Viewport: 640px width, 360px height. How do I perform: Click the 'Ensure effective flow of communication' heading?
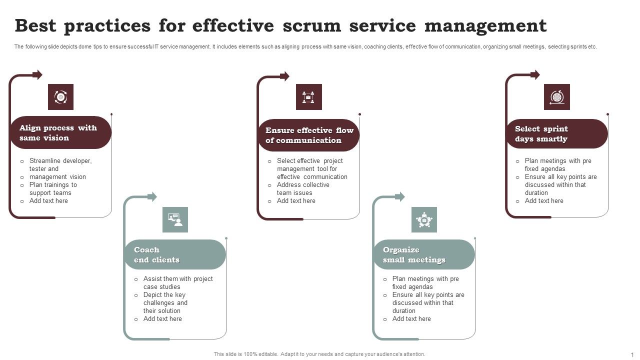tap(309, 135)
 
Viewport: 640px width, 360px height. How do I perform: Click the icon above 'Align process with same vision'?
tap(60, 97)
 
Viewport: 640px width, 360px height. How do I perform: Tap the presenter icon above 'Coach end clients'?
tap(175, 219)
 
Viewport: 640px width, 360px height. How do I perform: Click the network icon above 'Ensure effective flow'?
tap(308, 97)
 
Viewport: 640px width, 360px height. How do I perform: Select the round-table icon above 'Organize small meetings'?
tap(424, 219)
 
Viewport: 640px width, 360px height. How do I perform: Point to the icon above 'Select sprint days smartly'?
tap(556, 97)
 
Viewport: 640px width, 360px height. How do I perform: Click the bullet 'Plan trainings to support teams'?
tap(53, 189)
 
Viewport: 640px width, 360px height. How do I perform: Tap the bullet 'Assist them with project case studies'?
tap(177, 283)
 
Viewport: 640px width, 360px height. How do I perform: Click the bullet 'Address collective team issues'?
tap(302, 189)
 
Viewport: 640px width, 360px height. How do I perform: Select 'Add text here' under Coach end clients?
tap(162, 319)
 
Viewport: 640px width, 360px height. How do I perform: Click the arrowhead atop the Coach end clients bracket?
tap(152, 197)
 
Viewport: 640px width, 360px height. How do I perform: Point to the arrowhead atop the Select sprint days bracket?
tap(535, 75)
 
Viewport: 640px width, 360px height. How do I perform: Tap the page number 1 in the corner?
tap(632, 354)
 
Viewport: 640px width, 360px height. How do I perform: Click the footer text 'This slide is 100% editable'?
tap(319, 354)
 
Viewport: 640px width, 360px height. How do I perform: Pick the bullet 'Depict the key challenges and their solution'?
tap(165, 303)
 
